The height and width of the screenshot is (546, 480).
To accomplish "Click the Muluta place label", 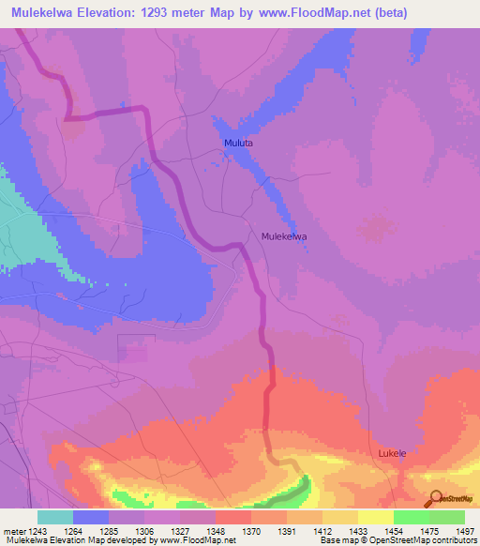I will click(239, 144).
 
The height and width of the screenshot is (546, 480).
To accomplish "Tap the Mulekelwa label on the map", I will click(285, 237).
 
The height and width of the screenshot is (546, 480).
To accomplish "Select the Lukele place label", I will click(392, 453).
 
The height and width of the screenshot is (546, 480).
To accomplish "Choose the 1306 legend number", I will click(144, 530).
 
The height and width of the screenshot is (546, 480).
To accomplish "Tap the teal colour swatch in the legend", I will click(55, 517).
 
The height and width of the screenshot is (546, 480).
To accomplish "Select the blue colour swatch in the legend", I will click(91, 517).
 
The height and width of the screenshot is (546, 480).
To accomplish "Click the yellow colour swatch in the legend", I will click(376, 517).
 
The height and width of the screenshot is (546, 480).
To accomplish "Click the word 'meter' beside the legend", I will click(13, 530).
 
